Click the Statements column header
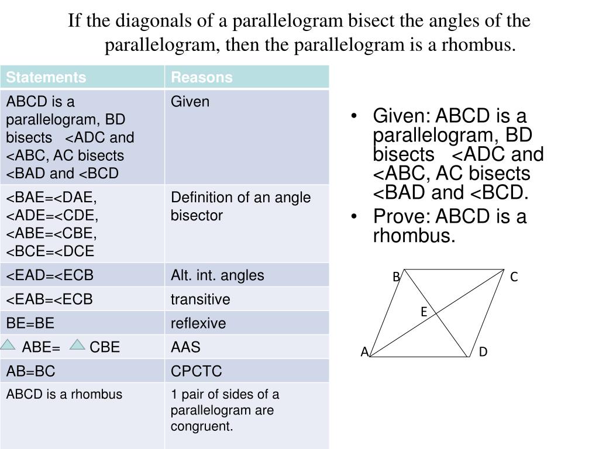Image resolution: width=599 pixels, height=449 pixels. click(x=46, y=77)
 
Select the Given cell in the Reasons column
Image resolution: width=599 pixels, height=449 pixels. click(x=190, y=102)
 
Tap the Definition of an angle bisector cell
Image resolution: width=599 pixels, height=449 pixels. click(x=240, y=206)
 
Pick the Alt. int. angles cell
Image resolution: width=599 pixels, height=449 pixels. click(x=217, y=275)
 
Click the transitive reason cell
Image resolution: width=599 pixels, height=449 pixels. click(x=201, y=299)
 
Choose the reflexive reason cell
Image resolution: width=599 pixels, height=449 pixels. click(x=198, y=323)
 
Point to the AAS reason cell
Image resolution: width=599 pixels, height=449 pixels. click(x=185, y=347)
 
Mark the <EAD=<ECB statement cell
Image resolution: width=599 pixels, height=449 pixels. click(x=50, y=275)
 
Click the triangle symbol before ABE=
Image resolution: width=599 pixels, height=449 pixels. click(x=8, y=344)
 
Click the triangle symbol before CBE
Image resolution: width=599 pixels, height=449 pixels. click(x=77, y=344)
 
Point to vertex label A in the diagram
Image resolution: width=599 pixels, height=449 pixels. click(x=364, y=352)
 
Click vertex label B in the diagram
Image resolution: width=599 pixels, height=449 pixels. click(x=396, y=277)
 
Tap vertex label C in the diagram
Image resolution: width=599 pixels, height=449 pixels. click(x=514, y=277)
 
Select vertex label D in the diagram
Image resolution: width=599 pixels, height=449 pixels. click(x=483, y=352)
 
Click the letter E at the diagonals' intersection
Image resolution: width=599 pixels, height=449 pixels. click(x=424, y=313)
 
